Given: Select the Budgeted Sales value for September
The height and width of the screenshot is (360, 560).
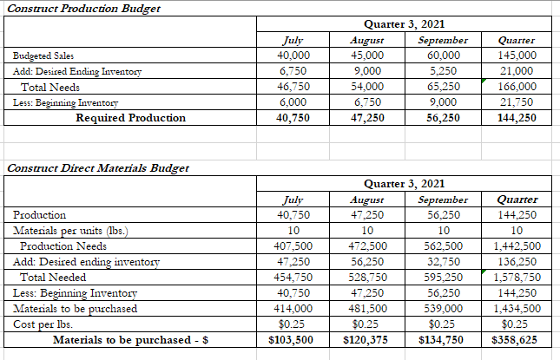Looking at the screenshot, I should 443,56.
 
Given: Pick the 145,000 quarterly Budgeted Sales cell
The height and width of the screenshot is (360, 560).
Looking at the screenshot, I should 517,56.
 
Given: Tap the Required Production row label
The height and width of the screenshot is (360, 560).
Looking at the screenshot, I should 130,118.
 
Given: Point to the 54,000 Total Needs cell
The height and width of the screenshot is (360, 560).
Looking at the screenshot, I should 366,87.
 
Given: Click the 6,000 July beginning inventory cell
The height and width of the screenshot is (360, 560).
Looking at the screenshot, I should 292,102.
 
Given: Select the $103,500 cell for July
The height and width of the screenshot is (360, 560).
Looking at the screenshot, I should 292,340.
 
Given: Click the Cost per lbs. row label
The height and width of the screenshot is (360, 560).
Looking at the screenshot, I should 43,324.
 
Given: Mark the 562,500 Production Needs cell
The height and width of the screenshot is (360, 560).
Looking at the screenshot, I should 443,245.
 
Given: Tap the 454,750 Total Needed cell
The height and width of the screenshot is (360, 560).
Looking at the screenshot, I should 292,277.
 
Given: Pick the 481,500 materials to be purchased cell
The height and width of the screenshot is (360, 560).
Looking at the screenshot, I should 366,308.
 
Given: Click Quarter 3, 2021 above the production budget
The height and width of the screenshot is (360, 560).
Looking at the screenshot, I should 405,24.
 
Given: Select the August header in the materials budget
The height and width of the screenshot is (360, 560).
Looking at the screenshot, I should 366,199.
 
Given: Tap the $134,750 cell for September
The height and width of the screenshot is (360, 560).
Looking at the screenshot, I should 443,340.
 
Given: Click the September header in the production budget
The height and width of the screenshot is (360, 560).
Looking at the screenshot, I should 443,40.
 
